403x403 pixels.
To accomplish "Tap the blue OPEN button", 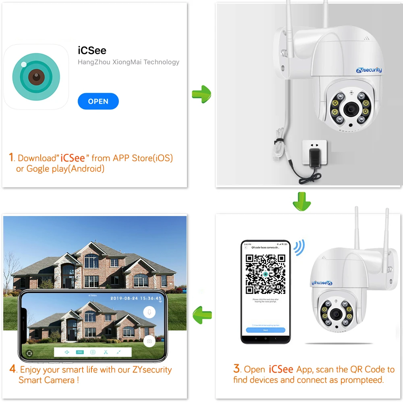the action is coord(98,102).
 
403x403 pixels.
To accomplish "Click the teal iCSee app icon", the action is coord(36,77).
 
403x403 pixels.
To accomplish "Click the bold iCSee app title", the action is coord(92,50).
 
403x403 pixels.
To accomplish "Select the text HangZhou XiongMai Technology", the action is coord(128,62).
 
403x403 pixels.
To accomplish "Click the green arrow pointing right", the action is coord(201,94).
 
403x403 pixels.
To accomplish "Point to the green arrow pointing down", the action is coord(301,201).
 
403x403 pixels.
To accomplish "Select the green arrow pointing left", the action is coord(202,314).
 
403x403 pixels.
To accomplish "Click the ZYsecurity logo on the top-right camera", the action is coord(369,70).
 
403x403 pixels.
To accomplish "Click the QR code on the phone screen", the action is coord(266,274).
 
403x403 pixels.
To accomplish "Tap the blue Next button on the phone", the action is coord(266,330).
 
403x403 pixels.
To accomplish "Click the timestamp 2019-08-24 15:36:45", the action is coord(136,299).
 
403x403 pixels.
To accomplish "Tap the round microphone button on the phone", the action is coord(150,312).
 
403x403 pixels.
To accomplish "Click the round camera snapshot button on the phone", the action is coord(149,341).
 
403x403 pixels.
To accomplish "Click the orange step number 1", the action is coord(11,157).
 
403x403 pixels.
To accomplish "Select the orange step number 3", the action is coord(237,368).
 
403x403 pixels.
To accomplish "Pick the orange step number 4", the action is coord(13,369).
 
